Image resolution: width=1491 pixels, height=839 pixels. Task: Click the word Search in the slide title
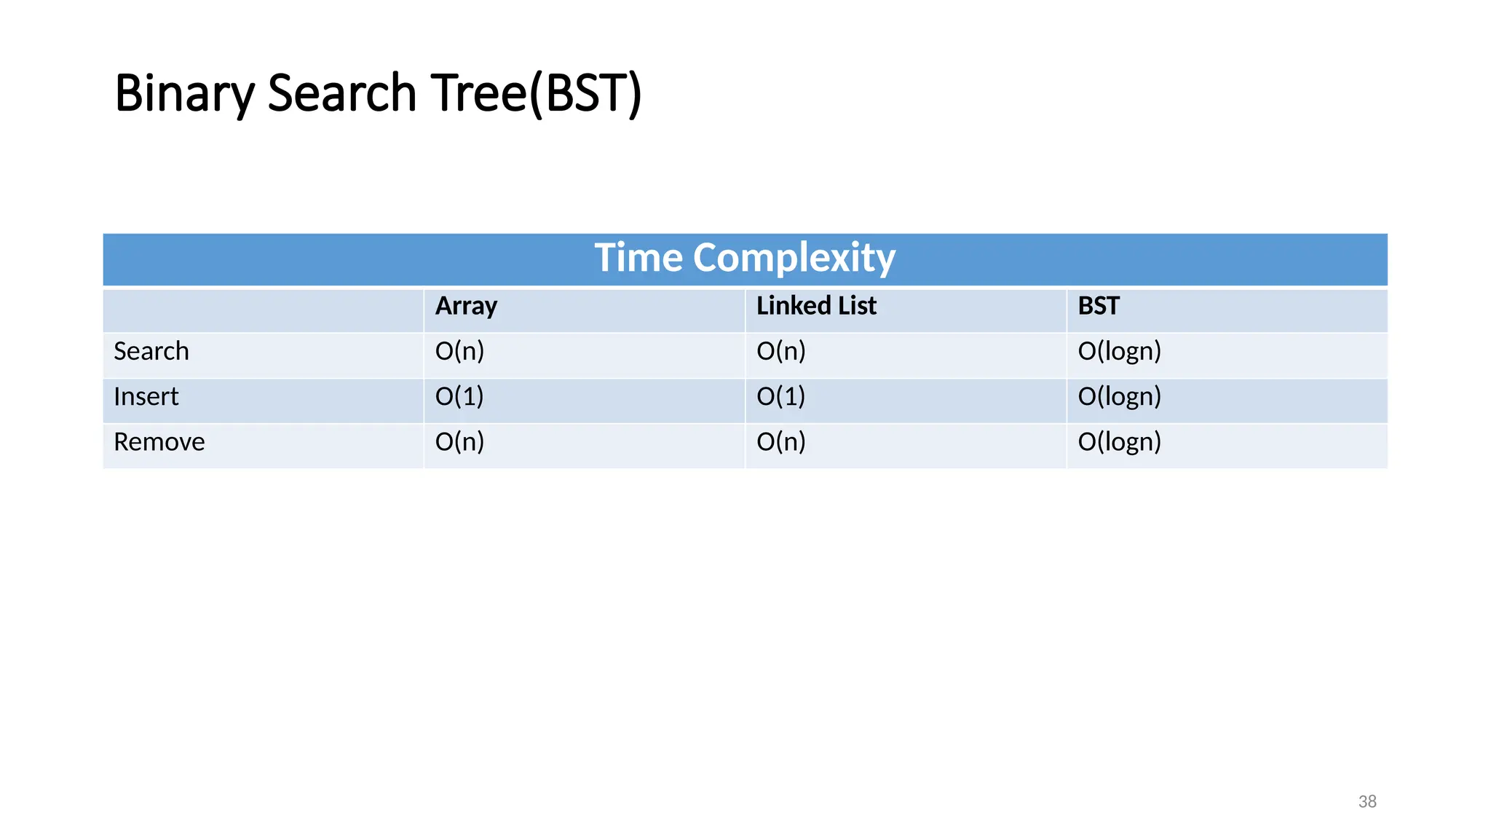click(x=342, y=94)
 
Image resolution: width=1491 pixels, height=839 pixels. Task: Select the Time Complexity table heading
click(x=745, y=258)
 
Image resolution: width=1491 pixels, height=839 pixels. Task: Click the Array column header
click(x=466, y=306)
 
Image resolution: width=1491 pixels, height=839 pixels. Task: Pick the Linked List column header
click(x=816, y=306)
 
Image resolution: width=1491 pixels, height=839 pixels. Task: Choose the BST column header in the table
click(x=1099, y=306)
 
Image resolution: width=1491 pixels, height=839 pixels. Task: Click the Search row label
click(x=151, y=351)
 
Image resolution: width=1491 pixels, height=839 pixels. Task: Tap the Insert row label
click(x=146, y=396)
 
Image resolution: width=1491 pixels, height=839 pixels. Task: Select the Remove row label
click(x=159, y=441)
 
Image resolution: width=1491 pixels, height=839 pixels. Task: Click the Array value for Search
click(x=459, y=351)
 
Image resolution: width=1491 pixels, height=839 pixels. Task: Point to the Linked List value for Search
click(x=781, y=351)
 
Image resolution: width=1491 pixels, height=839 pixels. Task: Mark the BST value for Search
click(x=1119, y=351)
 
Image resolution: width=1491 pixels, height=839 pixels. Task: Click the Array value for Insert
click(x=459, y=396)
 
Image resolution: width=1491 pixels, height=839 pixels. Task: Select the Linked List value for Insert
click(x=781, y=396)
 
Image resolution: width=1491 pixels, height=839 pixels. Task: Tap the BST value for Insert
click(x=1119, y=396)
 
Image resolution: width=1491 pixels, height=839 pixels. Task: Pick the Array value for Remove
click(x=459, y=441)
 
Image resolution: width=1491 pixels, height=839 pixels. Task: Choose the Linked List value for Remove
click(x=781, y=441)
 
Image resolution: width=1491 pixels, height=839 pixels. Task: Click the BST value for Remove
click(x=1119, y=441)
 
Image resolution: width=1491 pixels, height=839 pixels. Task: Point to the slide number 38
click(x=1367, y=802)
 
